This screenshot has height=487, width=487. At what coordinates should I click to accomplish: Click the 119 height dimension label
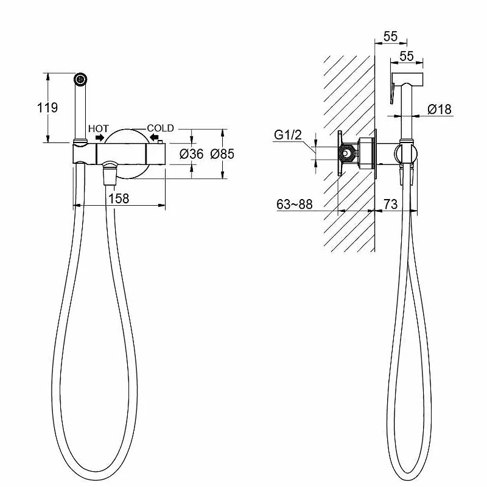pyautogui.click(x=47, y=108)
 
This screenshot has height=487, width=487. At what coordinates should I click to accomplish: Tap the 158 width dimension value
pyautogui.click(x=119, y=198)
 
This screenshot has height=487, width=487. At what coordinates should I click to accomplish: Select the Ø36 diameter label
pyautogui.click(x=192, y=154)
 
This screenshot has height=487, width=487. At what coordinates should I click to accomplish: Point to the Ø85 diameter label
pyautogui.click(x=222, y=154)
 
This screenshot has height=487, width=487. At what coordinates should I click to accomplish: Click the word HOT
pyautogui.click(x=99, y=128)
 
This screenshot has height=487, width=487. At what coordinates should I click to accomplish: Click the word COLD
pyautogui.click(x=160, y=128)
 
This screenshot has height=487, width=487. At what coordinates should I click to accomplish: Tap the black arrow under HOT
pyautogui.click(x=100, y=138)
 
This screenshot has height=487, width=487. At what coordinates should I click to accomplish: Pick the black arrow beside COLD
pyautogui.click(x=154, y=136)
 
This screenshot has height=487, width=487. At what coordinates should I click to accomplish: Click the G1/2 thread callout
pyautogui.click(x=288, y=135)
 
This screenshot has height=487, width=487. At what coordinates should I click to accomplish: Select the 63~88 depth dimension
pyautogui.click(x=295, y=205)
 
